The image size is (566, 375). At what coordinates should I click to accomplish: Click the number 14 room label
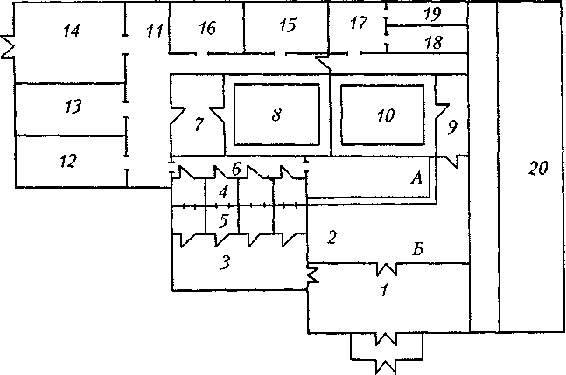[x=72, y=31]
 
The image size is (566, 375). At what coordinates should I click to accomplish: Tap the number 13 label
[x=73, y=107]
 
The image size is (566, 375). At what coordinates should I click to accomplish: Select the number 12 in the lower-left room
[x=68, y=161]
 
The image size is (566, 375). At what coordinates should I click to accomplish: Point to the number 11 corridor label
[x=155, y=31]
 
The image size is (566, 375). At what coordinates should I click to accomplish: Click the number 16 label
[x=207, y=28]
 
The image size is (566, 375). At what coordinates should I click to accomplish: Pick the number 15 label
[x=288, y=25]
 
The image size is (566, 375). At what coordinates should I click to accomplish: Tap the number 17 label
[x=359, y=23]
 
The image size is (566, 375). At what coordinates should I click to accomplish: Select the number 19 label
[x=433, y=14]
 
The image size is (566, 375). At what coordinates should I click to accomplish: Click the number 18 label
[x=434, y=43]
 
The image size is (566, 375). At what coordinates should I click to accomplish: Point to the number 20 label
[x=538, y=168]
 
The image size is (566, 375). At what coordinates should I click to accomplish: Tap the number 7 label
[x=199, y=124]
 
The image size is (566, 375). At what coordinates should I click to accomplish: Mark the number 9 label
[x=452, y=127]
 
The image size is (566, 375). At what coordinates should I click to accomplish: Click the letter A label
[x=416, y=178]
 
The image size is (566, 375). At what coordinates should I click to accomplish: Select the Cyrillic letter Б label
[x=418, y=249]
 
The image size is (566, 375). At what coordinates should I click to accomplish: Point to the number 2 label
[x=332, y=237]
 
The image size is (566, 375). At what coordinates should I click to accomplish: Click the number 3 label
[x=225, y=262]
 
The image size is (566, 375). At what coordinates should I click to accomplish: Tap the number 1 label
[x=384, y=289]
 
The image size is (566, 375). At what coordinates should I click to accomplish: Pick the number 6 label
[x=236, y=169]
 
